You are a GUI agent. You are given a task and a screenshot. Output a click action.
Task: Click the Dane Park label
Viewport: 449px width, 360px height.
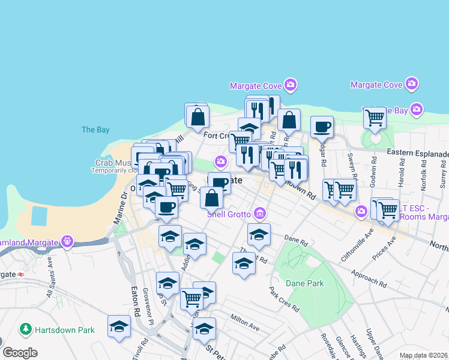click(x=304, y=283)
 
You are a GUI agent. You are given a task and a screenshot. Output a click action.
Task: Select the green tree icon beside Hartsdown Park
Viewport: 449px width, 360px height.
click(x=26, y=329)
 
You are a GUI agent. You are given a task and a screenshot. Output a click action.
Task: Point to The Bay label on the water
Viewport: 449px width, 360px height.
click(x=95, y=130)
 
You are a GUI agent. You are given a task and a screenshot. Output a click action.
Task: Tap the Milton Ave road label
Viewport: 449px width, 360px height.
click(x=244, y=322)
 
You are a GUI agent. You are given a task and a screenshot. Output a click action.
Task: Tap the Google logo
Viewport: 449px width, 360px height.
click(x=20, y=353)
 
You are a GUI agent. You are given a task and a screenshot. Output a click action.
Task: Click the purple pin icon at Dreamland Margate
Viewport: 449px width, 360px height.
click(x=67, y=242)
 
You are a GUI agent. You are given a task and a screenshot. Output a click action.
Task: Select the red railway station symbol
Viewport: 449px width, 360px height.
click(x=21, y=274)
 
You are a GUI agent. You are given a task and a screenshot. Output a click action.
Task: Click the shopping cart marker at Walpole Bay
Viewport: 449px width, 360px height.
click(x=375, y=118)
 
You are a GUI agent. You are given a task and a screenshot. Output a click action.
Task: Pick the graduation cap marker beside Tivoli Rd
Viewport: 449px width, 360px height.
click(x=119, y=328)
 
